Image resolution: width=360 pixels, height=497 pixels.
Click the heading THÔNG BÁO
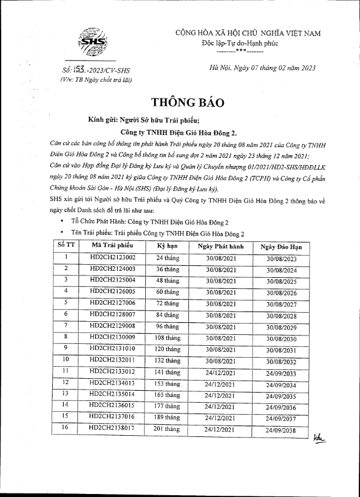179,101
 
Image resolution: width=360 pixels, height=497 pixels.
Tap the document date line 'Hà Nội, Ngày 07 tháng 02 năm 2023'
260,69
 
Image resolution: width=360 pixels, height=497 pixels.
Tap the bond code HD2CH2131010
112,349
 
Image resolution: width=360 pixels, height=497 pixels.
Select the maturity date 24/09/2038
281,430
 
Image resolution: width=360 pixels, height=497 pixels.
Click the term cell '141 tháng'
168,372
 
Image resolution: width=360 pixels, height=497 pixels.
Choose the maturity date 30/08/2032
281,361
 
